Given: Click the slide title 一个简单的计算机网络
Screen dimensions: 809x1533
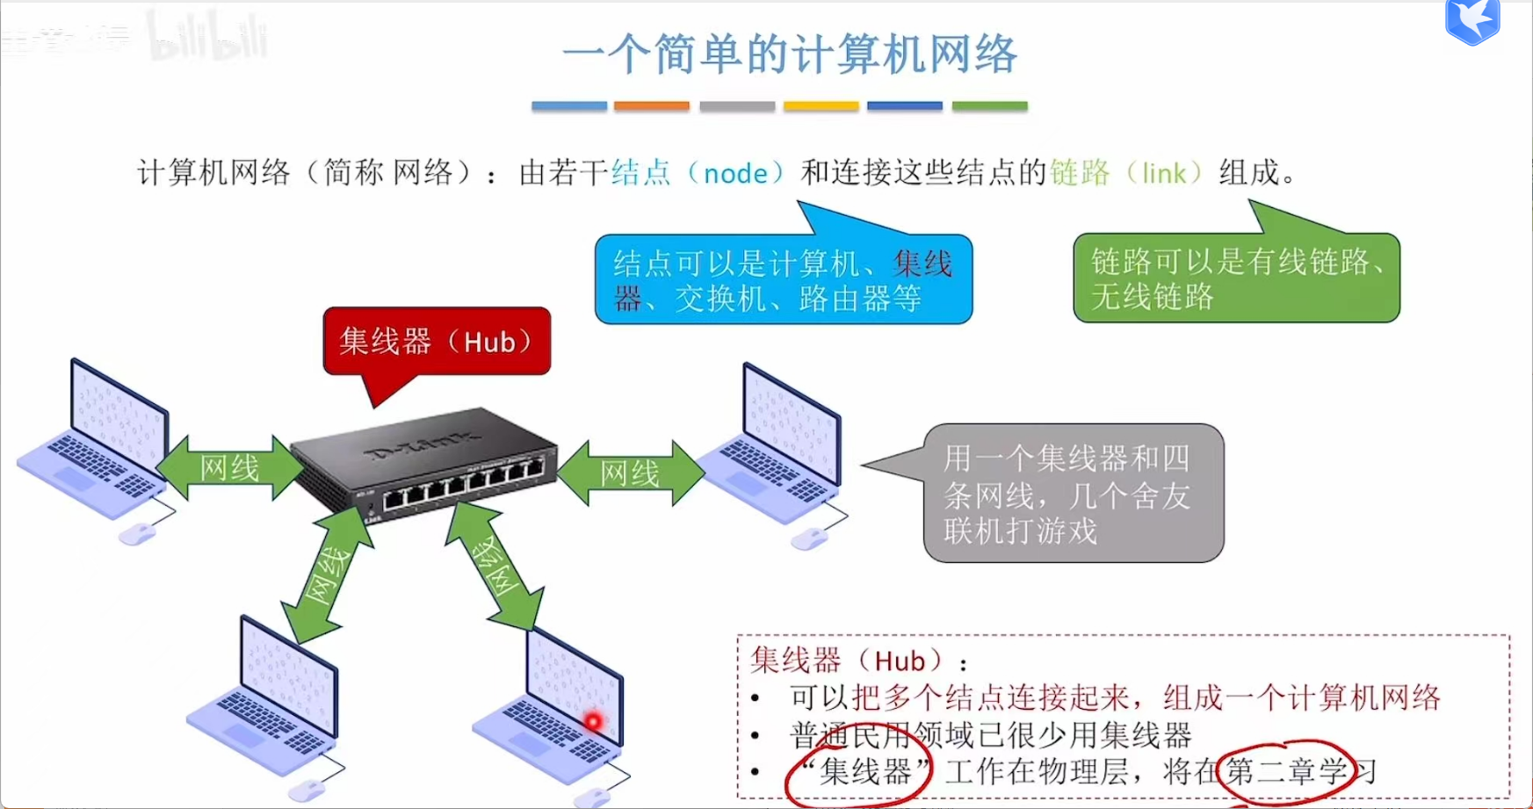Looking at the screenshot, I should (789, 54).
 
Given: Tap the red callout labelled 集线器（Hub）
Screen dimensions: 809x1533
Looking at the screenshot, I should (437, 341).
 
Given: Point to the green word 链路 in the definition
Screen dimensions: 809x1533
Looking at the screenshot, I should (1080, 173).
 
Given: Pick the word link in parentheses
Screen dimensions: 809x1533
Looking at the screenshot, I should (1164, 174).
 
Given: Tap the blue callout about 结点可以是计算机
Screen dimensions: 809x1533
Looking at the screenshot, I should (783, 280).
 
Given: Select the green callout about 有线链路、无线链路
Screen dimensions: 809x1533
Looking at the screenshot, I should (1236, 278).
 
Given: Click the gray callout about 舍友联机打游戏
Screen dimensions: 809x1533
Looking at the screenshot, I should (1073, 494).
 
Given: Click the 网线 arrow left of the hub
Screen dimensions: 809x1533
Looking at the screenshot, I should (229, 467).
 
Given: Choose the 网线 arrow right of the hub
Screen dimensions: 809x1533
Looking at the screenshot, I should (630, 473).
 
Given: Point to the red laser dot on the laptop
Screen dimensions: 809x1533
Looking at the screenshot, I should (593, 721).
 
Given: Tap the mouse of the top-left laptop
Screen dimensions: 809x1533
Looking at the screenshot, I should (136, 533).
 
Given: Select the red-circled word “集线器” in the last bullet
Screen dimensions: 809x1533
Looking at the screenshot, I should (865, 771).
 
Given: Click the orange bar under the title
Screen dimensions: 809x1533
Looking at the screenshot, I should (651, 106).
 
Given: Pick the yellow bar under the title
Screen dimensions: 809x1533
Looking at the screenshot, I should (821, 106).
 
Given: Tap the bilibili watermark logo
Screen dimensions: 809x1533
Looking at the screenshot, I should (207, 37).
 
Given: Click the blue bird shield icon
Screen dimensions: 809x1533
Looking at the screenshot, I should (1472, 21).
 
